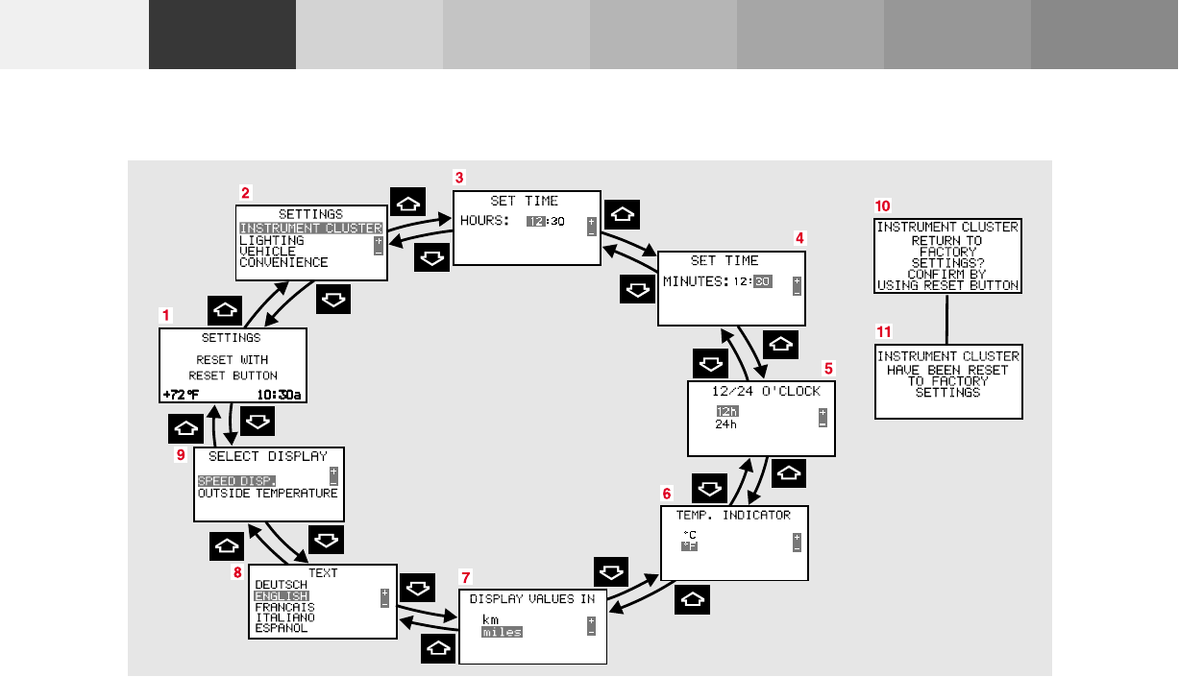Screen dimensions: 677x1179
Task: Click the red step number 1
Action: [166, 314]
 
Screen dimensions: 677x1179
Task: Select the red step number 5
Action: [828, 367]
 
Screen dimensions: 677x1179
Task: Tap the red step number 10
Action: [882, 206]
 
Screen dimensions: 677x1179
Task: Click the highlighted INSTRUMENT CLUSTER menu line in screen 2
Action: [310, 229]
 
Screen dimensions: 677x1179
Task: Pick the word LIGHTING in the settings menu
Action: [272, 240]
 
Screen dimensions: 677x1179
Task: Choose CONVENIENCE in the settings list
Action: [283, 262]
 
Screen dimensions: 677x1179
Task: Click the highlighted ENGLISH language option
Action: [282, 596]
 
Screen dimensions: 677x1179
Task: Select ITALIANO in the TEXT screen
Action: [284, 617]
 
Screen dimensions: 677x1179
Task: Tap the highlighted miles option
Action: [502, 632]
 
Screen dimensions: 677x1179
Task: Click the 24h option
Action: [725, 423]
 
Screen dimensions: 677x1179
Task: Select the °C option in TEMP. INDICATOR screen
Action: [689, 534]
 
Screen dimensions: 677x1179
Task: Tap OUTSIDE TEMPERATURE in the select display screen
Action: [267, 493]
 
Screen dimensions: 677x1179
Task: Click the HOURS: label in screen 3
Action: [484, 221]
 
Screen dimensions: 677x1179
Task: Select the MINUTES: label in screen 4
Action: [695, 281]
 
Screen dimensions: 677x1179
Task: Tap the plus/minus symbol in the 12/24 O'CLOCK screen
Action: [823, 417]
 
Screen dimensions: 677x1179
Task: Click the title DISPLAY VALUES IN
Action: [532, 598]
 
